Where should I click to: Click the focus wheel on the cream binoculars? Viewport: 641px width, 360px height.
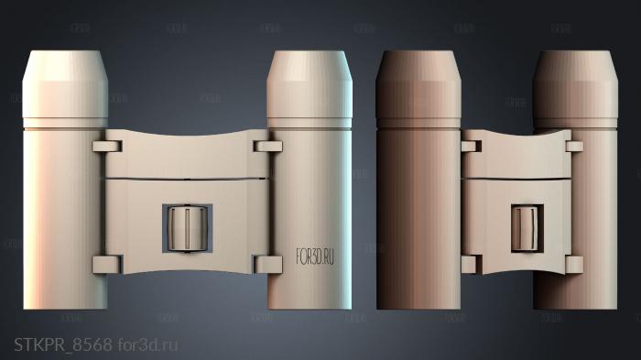click(x=187, y=228)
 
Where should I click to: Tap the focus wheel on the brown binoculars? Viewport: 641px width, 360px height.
click(x=526, y=227)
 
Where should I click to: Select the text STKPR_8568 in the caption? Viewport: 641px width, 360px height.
click(x=63, y=344)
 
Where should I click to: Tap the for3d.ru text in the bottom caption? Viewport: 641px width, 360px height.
click(x=147, y=344)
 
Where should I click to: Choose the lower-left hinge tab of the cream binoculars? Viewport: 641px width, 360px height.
click(x=107, y=265)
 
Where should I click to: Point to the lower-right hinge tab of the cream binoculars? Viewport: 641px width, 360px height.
click(x=267, y=265)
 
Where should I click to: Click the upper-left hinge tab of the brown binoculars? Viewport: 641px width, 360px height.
click(x=473, y=144)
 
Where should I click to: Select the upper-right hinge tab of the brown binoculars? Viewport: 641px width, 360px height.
click(x=574, y=145)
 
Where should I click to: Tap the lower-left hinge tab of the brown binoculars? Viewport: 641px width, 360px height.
click(x=473, y=265)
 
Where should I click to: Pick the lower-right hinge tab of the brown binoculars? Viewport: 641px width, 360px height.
click(x=574, y=265)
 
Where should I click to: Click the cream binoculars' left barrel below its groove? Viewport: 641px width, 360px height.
click(x=62, y=211)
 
